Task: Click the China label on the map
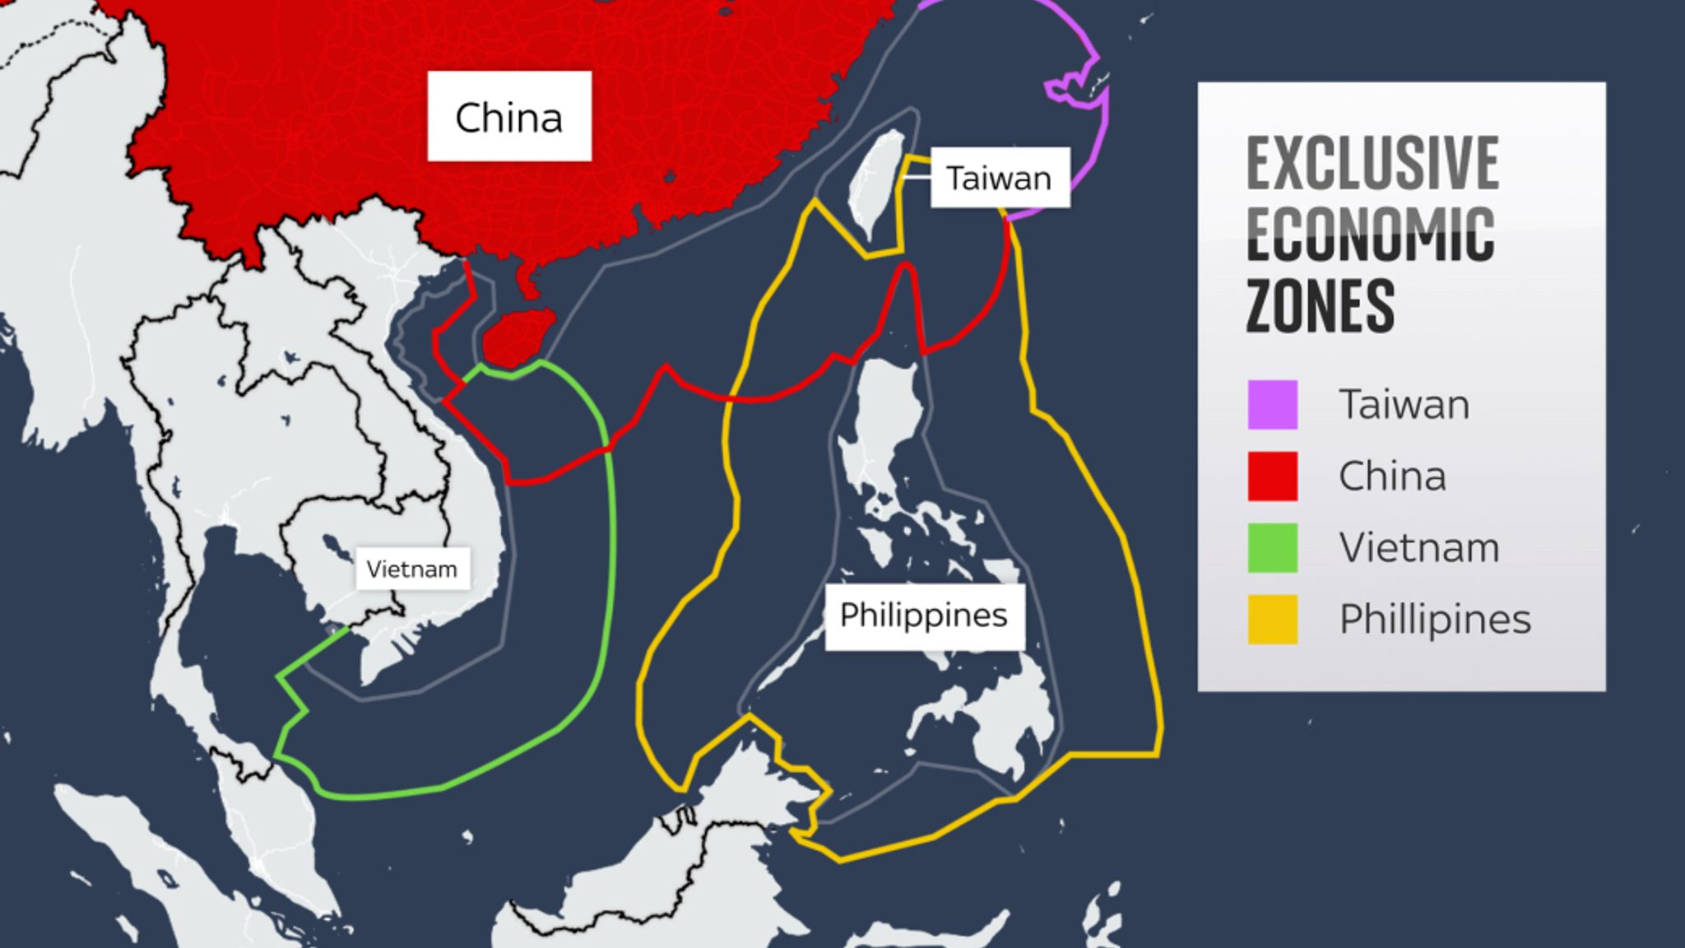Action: click(508, 116)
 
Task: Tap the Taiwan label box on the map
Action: click(999, 178)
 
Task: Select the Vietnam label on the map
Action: click(411, 569)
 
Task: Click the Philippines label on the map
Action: click(923, 616)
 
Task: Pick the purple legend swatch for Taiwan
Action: click(1272, 404)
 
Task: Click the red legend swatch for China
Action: click(1272, 476)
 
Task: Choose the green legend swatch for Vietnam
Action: click(1272, 547)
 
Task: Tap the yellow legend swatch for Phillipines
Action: click(1272, 619)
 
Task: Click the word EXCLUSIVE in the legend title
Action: click(1372, 165)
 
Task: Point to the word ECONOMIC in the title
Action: click(1370, 235)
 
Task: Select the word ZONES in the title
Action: click(1320, 305)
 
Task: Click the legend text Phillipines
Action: click(1435, 619)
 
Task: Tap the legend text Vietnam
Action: click(1418, 547)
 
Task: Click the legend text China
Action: click(1392, 476)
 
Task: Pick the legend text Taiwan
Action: click(1404, 404)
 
